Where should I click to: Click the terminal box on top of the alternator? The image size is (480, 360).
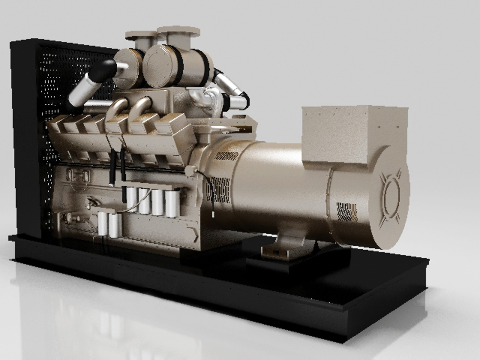(x=353, y=135)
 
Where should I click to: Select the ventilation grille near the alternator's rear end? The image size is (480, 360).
(x=347, y=211)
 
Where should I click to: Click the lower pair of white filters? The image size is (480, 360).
(x=109, y=225)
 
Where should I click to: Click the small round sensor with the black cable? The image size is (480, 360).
(x=190, y=171)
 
